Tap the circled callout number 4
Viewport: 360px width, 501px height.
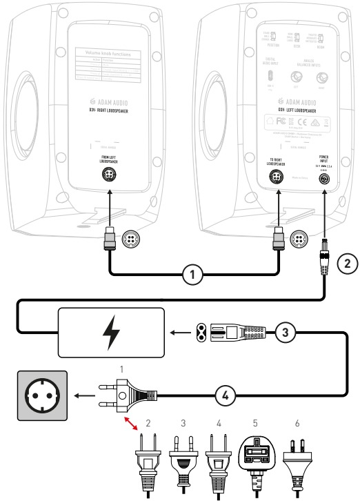pos(227,396)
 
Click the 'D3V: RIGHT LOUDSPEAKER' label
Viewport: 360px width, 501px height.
pos(106,109)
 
